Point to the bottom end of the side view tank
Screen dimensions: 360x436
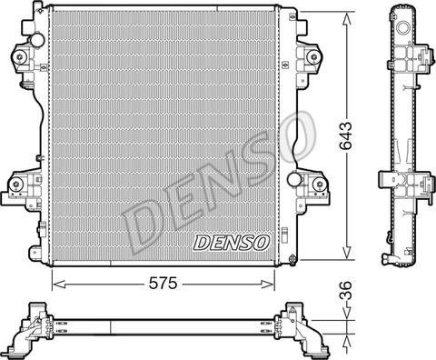398,260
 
